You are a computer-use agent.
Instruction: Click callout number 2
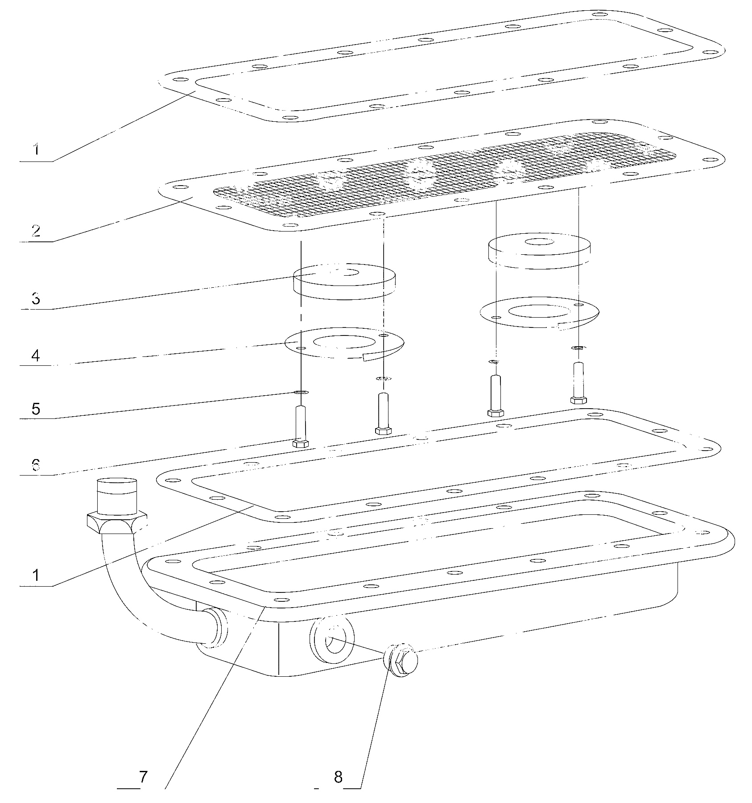[36, 231]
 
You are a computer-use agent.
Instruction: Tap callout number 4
[36, 355]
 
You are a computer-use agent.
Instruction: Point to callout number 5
[36, 409]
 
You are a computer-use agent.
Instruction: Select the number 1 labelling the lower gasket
[36, 575]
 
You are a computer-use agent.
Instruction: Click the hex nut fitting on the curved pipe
[117, 522]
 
